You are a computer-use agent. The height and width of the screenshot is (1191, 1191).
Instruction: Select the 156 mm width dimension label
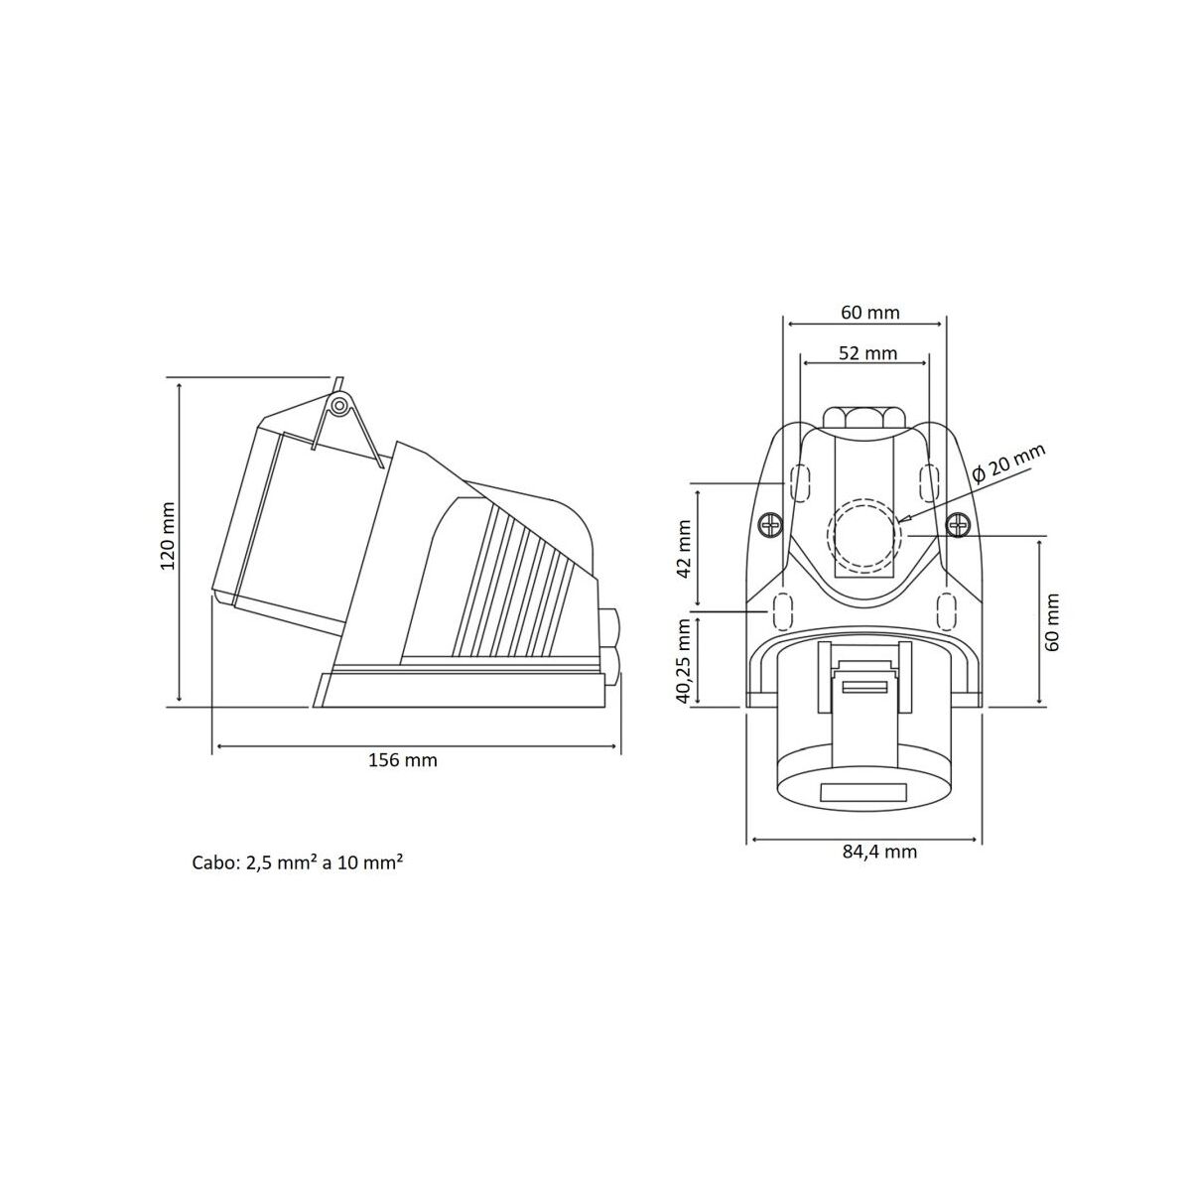[x=402, y=761]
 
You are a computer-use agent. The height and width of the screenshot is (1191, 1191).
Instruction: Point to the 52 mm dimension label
[x=865, y=353]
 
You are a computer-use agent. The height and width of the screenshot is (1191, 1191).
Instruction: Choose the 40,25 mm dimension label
[x=683, y=661]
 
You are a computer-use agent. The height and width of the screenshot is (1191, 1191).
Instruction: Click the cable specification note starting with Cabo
[x=297, y=862]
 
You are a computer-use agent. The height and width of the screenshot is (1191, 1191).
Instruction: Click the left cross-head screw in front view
[x=770, y=526]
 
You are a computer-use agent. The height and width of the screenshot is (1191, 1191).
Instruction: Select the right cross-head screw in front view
[x=958, y=526]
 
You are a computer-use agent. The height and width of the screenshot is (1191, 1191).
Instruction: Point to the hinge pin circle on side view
[x=339, y=405]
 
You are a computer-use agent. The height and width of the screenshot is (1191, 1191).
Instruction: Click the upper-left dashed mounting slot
[x=800, y=482]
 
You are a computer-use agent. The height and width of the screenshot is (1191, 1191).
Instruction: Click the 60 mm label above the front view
[x=870, y=313]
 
